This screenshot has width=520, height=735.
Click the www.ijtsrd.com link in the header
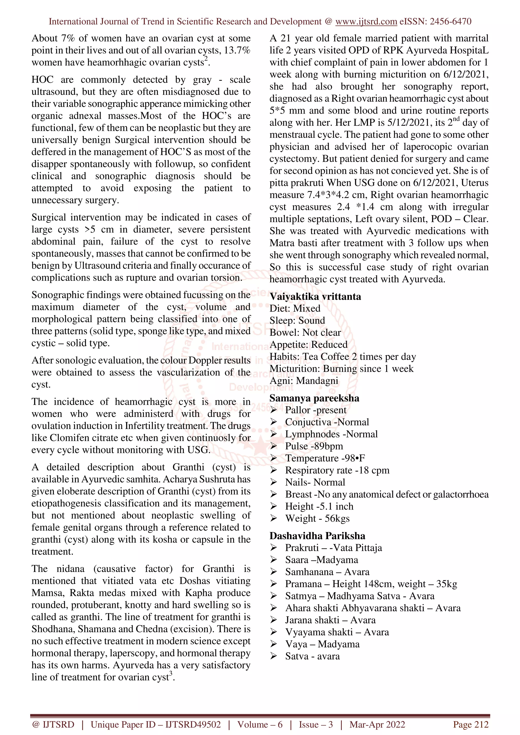[366, 22]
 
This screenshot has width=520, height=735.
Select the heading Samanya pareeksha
[314, 398]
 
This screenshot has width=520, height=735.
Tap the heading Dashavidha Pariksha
[317, 536]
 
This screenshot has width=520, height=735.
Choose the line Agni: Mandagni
[303, 381]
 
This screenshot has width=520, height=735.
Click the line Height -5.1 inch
[319, 506]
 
